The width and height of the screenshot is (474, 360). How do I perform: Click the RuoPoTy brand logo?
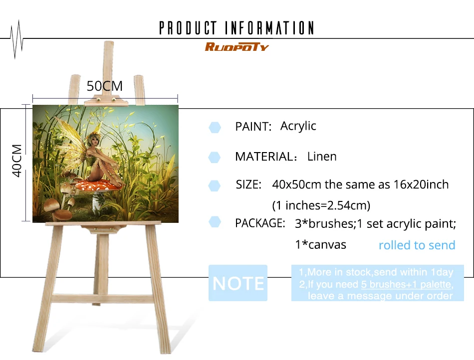tap(237, 47)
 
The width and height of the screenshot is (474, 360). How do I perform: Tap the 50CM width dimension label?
tap(105, 86)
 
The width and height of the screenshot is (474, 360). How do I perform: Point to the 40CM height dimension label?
tap(17, 161)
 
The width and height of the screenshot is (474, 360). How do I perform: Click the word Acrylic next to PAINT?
tap(298, 126)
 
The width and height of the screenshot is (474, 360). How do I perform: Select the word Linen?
tap(322, 157)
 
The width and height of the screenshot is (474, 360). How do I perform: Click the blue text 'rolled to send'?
tap(417, 245)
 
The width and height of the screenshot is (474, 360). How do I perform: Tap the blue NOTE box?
tap(238, 283)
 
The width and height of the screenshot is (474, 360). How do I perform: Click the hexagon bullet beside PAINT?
tap(215, 127)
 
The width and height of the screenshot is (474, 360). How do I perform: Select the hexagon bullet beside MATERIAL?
tap(215, 158)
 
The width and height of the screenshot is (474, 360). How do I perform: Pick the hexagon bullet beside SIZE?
tap(215, 186)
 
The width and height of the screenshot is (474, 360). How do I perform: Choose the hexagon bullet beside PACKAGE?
tap(215, 222)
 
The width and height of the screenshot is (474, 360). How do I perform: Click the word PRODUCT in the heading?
tap(188, 28)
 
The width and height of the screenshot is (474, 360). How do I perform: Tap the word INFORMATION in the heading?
tap(269, 28)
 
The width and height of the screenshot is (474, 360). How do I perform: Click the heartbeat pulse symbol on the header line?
tap(16, 39)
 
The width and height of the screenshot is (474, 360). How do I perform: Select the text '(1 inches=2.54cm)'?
tap(321, 205)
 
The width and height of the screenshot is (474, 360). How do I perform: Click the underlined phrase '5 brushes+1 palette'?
tap(406, 284)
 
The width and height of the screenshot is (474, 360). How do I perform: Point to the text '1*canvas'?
tap(320, 245)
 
